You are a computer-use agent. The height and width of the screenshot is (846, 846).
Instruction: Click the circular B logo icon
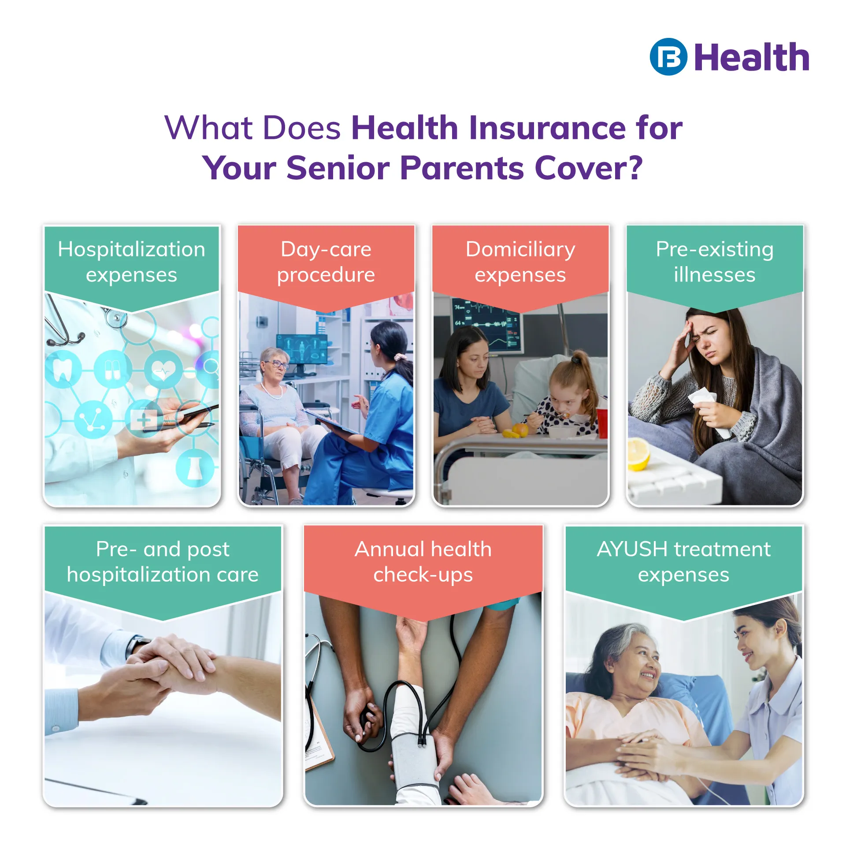click(668, 57)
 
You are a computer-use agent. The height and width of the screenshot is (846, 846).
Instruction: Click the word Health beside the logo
click(752, 57)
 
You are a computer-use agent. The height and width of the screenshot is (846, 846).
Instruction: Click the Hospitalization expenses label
click(131, 262)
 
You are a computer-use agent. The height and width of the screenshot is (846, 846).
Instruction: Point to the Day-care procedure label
click(326, 262)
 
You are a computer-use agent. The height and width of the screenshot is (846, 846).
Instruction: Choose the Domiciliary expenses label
click(520, 262)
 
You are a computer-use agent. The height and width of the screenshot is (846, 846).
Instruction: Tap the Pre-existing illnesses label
click(715, 262)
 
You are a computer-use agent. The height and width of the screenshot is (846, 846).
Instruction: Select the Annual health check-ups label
click(423, 562)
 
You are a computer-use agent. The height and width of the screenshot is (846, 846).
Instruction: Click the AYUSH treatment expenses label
click(684, 562)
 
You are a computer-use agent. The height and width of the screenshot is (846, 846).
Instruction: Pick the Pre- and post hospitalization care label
click(163, 562)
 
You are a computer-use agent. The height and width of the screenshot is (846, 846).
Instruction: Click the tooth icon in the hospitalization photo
click(63, 369)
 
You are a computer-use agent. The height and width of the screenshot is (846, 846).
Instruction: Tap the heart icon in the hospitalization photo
click(163, 369)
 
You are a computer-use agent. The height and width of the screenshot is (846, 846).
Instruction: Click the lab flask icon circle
click(195, 468)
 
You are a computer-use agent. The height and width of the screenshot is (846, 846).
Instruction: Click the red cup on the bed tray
click(602, 423)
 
